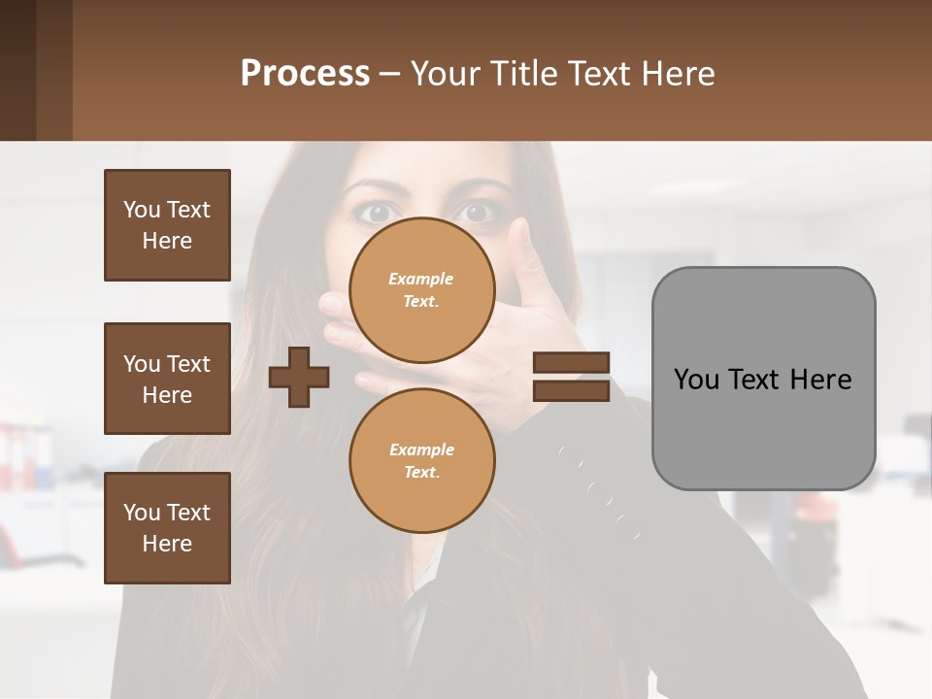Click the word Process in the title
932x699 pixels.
(305, 74)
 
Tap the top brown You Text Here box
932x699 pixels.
(167, 225)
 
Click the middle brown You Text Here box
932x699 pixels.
(167, 379)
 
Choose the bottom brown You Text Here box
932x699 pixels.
(167, 528)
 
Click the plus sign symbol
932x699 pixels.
(299, 378)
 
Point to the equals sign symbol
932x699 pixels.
(571, 377)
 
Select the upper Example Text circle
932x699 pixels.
(421, 289)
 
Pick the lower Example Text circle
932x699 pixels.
(421, 460)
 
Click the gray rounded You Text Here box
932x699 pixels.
(763, 379)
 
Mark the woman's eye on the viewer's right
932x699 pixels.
(475, 211)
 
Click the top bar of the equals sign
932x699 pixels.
(571, 363)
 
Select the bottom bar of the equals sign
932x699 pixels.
(571, 390)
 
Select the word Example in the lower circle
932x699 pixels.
(421, 449)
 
